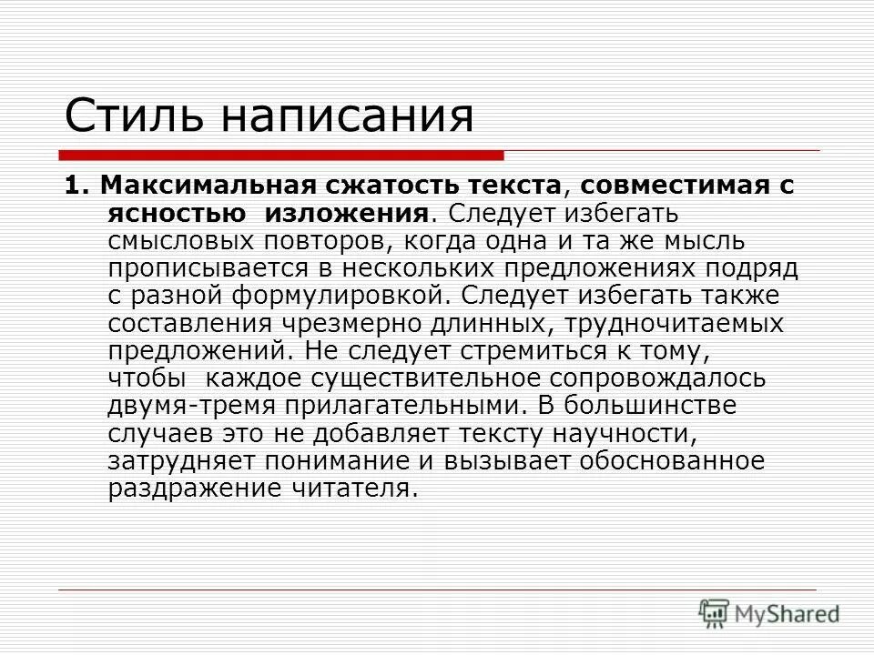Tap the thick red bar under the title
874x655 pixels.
282,155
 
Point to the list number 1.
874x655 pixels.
73,186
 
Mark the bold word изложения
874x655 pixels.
346,213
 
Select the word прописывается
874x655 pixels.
205,268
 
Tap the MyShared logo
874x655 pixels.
769,613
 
